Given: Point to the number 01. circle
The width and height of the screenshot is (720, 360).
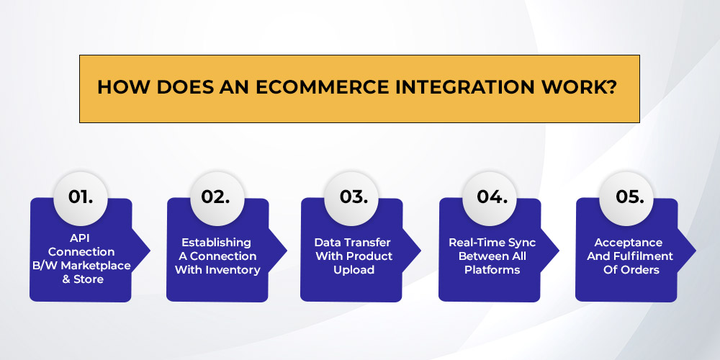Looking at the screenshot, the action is (x=81, y=198).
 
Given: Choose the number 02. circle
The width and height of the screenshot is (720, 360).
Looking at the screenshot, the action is (x=216, y=198).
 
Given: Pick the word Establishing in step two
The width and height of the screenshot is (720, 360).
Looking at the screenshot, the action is (x=216, y=243).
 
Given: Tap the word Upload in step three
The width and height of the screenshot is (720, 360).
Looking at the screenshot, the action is (x=354, y=270).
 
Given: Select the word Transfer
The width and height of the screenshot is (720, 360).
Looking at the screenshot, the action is (x=367, y=242).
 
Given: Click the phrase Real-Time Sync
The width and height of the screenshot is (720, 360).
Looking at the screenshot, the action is (x=492, y=243).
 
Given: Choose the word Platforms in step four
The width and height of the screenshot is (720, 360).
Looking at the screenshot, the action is (x=492, y=270).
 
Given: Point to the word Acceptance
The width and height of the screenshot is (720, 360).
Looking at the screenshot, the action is (x=628, y=243).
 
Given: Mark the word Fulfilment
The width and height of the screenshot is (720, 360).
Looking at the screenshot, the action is (x=644, y=256).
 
